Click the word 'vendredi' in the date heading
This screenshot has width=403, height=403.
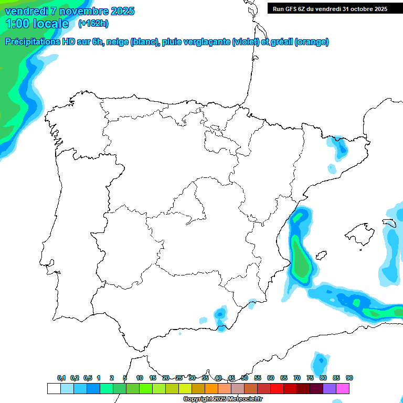(24, 11)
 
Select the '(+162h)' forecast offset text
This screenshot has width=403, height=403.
(93, 23)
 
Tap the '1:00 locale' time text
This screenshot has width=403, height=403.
(37, 24)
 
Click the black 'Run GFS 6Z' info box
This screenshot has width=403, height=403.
(330, 8)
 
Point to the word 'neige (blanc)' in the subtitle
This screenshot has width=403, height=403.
(132, 42)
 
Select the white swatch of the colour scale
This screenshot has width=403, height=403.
(54, 388)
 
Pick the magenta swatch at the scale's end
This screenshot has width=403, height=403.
(343, 388)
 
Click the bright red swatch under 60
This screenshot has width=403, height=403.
(277, 388)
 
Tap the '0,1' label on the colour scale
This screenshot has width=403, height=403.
(61, 378)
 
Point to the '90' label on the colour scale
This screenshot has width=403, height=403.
(349, 378)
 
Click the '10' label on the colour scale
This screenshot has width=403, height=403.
(140, 378)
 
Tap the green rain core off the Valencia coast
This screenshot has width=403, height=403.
(301, 262)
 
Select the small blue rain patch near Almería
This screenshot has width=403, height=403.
(220, 314)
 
